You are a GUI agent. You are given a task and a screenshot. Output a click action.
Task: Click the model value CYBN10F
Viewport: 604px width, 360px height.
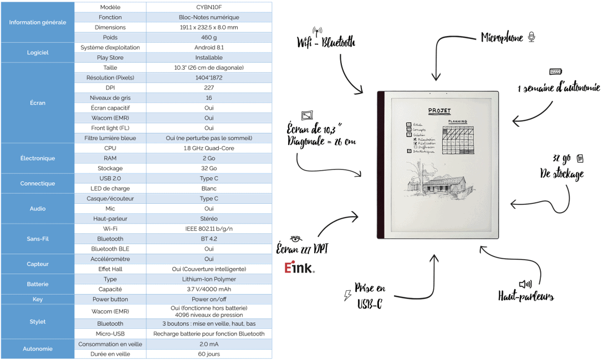point(209,7)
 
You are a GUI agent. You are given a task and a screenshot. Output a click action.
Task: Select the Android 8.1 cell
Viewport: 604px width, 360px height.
point(209,48)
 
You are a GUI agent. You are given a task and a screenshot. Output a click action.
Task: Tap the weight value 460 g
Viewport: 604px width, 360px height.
point(209,38)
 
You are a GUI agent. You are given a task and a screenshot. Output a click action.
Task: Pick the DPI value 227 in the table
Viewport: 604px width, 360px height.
point(209,88)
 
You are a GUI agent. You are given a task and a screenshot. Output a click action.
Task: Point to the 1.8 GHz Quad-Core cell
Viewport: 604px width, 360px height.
point(209,148)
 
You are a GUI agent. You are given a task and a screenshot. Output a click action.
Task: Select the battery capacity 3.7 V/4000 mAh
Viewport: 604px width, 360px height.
point(209,289)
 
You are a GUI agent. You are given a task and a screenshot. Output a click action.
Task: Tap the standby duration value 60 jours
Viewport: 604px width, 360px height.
point(209,354)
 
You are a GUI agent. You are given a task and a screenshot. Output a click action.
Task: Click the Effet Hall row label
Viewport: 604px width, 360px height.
point(110,269)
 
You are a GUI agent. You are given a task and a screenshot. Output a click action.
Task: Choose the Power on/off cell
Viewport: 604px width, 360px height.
point(209,299)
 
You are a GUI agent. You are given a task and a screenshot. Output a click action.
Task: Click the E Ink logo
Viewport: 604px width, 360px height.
point(299,269)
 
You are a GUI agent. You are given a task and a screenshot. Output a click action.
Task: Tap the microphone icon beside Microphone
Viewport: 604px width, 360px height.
point(531,37)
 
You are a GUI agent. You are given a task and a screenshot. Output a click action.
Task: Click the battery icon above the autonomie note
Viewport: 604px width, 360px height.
point(555,72)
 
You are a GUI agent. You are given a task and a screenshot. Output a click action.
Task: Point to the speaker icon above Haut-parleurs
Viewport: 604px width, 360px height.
point(525,284)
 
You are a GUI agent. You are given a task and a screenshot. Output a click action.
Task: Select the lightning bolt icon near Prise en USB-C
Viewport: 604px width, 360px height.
point(347,295)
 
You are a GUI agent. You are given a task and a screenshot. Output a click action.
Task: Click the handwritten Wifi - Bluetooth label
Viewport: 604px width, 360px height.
point(326,42)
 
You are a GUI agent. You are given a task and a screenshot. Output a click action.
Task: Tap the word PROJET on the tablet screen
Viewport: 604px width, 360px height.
point(439,110)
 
